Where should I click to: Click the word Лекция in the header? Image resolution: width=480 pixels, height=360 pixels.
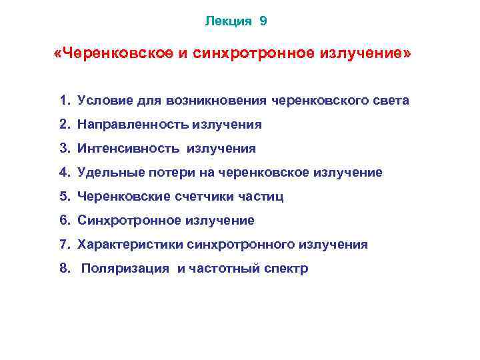coord(228,21)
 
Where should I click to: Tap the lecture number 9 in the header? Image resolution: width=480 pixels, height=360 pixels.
coord(263,21)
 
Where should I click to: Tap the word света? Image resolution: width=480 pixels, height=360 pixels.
coord(391,101)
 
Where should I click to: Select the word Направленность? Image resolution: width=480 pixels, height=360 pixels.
coord(133,125)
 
